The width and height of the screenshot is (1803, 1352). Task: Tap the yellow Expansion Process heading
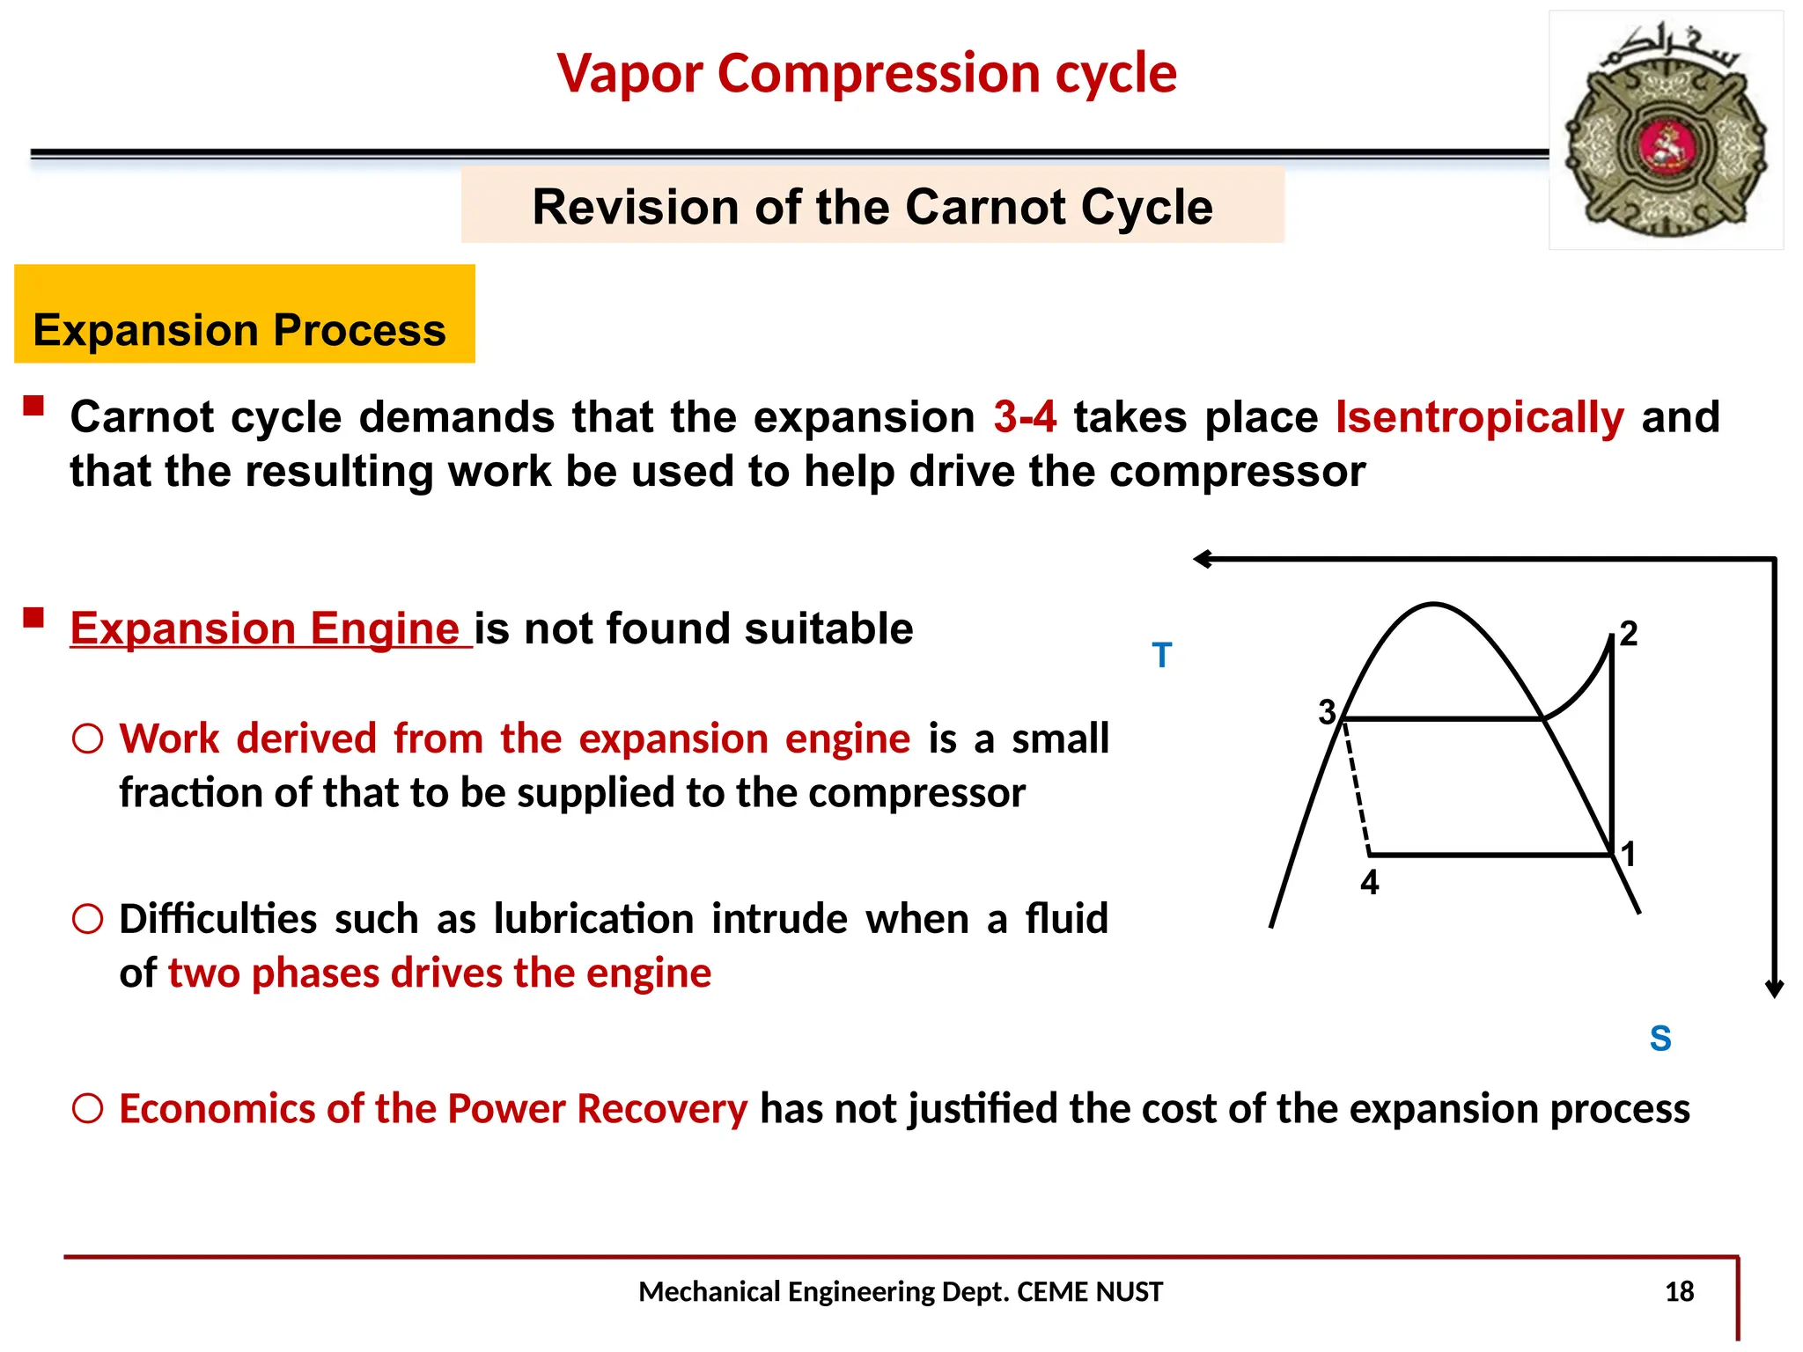pos(239,330)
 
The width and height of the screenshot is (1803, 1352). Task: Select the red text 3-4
pos(1024,417)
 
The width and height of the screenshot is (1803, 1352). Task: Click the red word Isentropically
pos(1479,417)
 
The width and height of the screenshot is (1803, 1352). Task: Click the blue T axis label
pos(1161,656)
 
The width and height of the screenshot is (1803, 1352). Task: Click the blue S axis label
pos(1659,1039)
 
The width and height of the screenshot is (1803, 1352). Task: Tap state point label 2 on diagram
pos(1629,634)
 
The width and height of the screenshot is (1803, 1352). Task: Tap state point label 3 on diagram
pos(1327,712)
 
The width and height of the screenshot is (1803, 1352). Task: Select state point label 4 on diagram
pos(1369,882)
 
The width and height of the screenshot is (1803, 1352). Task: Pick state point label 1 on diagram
pos(1629,854)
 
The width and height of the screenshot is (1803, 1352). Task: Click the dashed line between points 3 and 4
pos(1357,788)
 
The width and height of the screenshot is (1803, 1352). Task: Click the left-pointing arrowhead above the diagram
pos(1203,559)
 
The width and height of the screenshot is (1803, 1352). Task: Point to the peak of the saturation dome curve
pos(1433,605)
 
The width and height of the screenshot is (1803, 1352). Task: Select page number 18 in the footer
pos(1679,1291)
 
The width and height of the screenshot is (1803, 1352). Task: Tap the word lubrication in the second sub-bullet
pos(593,919)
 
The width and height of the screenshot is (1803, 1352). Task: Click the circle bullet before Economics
pos(88,1108)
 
